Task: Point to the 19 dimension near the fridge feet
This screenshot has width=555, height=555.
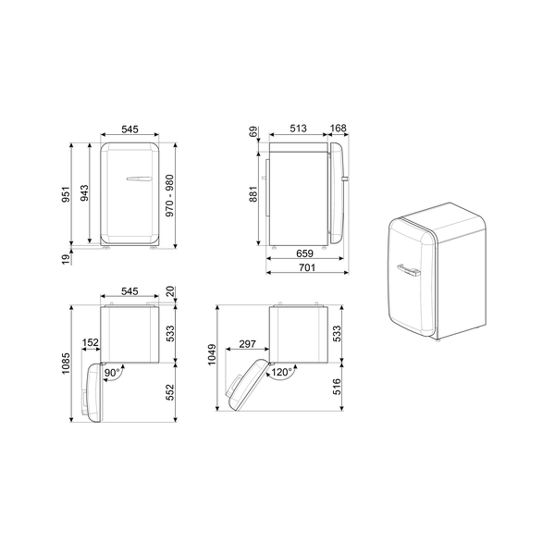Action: (67, 261)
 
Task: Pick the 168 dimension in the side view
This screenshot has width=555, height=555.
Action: (339, 129)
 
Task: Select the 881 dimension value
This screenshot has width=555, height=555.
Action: (252, 194)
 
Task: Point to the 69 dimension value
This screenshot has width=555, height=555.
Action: (252, 132)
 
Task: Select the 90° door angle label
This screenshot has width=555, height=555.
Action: (113, 373)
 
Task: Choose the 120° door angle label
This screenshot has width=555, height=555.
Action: (280, 373)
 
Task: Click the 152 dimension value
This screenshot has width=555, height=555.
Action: (91, 343)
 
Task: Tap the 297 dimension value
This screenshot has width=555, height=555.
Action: (247, 343)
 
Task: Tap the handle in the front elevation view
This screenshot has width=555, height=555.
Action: (135, 179)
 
